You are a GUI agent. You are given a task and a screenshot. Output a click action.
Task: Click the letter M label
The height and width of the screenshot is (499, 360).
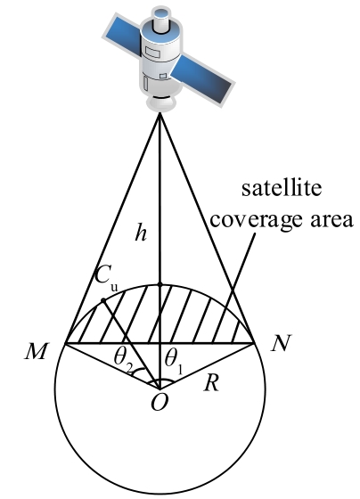[x=37, y=351]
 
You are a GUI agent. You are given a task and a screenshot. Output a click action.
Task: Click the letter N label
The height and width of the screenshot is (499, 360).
[x=282, y=343]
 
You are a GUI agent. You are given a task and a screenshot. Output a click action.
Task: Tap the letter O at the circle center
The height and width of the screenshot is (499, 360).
[x=160, y=403]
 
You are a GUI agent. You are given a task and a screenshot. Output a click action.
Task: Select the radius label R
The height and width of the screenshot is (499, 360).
[x=211, y=383]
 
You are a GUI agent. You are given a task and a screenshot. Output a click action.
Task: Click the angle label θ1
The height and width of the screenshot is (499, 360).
[x=174, y=361]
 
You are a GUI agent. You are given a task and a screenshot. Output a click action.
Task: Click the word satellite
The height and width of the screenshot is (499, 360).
[x=282, y=188]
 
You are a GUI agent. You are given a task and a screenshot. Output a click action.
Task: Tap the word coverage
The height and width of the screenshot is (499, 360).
[x=256, y=219]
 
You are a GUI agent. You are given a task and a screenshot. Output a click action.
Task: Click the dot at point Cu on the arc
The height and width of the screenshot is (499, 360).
[x=103, y=300]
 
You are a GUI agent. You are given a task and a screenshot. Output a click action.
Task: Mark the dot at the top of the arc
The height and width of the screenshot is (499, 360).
[x=160, y=284]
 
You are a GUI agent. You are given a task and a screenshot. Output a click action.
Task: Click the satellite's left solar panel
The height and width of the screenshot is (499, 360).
[x=123, y=36]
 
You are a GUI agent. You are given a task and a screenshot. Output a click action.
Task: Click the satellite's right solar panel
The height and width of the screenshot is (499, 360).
[x=201, y=78]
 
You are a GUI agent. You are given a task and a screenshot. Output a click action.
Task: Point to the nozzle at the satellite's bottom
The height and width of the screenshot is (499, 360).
[x=160, y=102]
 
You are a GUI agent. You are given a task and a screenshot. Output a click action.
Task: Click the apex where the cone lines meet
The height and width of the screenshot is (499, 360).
[x=160, y=114]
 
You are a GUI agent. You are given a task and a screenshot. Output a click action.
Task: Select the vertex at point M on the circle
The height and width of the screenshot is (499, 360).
[x=65, y=343]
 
